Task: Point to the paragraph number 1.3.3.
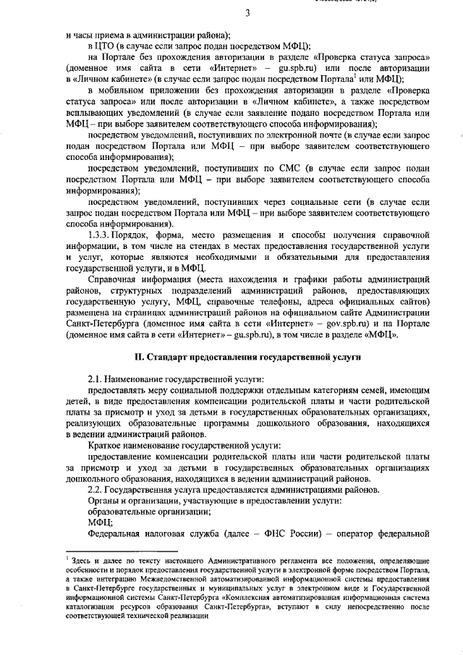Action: [101, 236]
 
